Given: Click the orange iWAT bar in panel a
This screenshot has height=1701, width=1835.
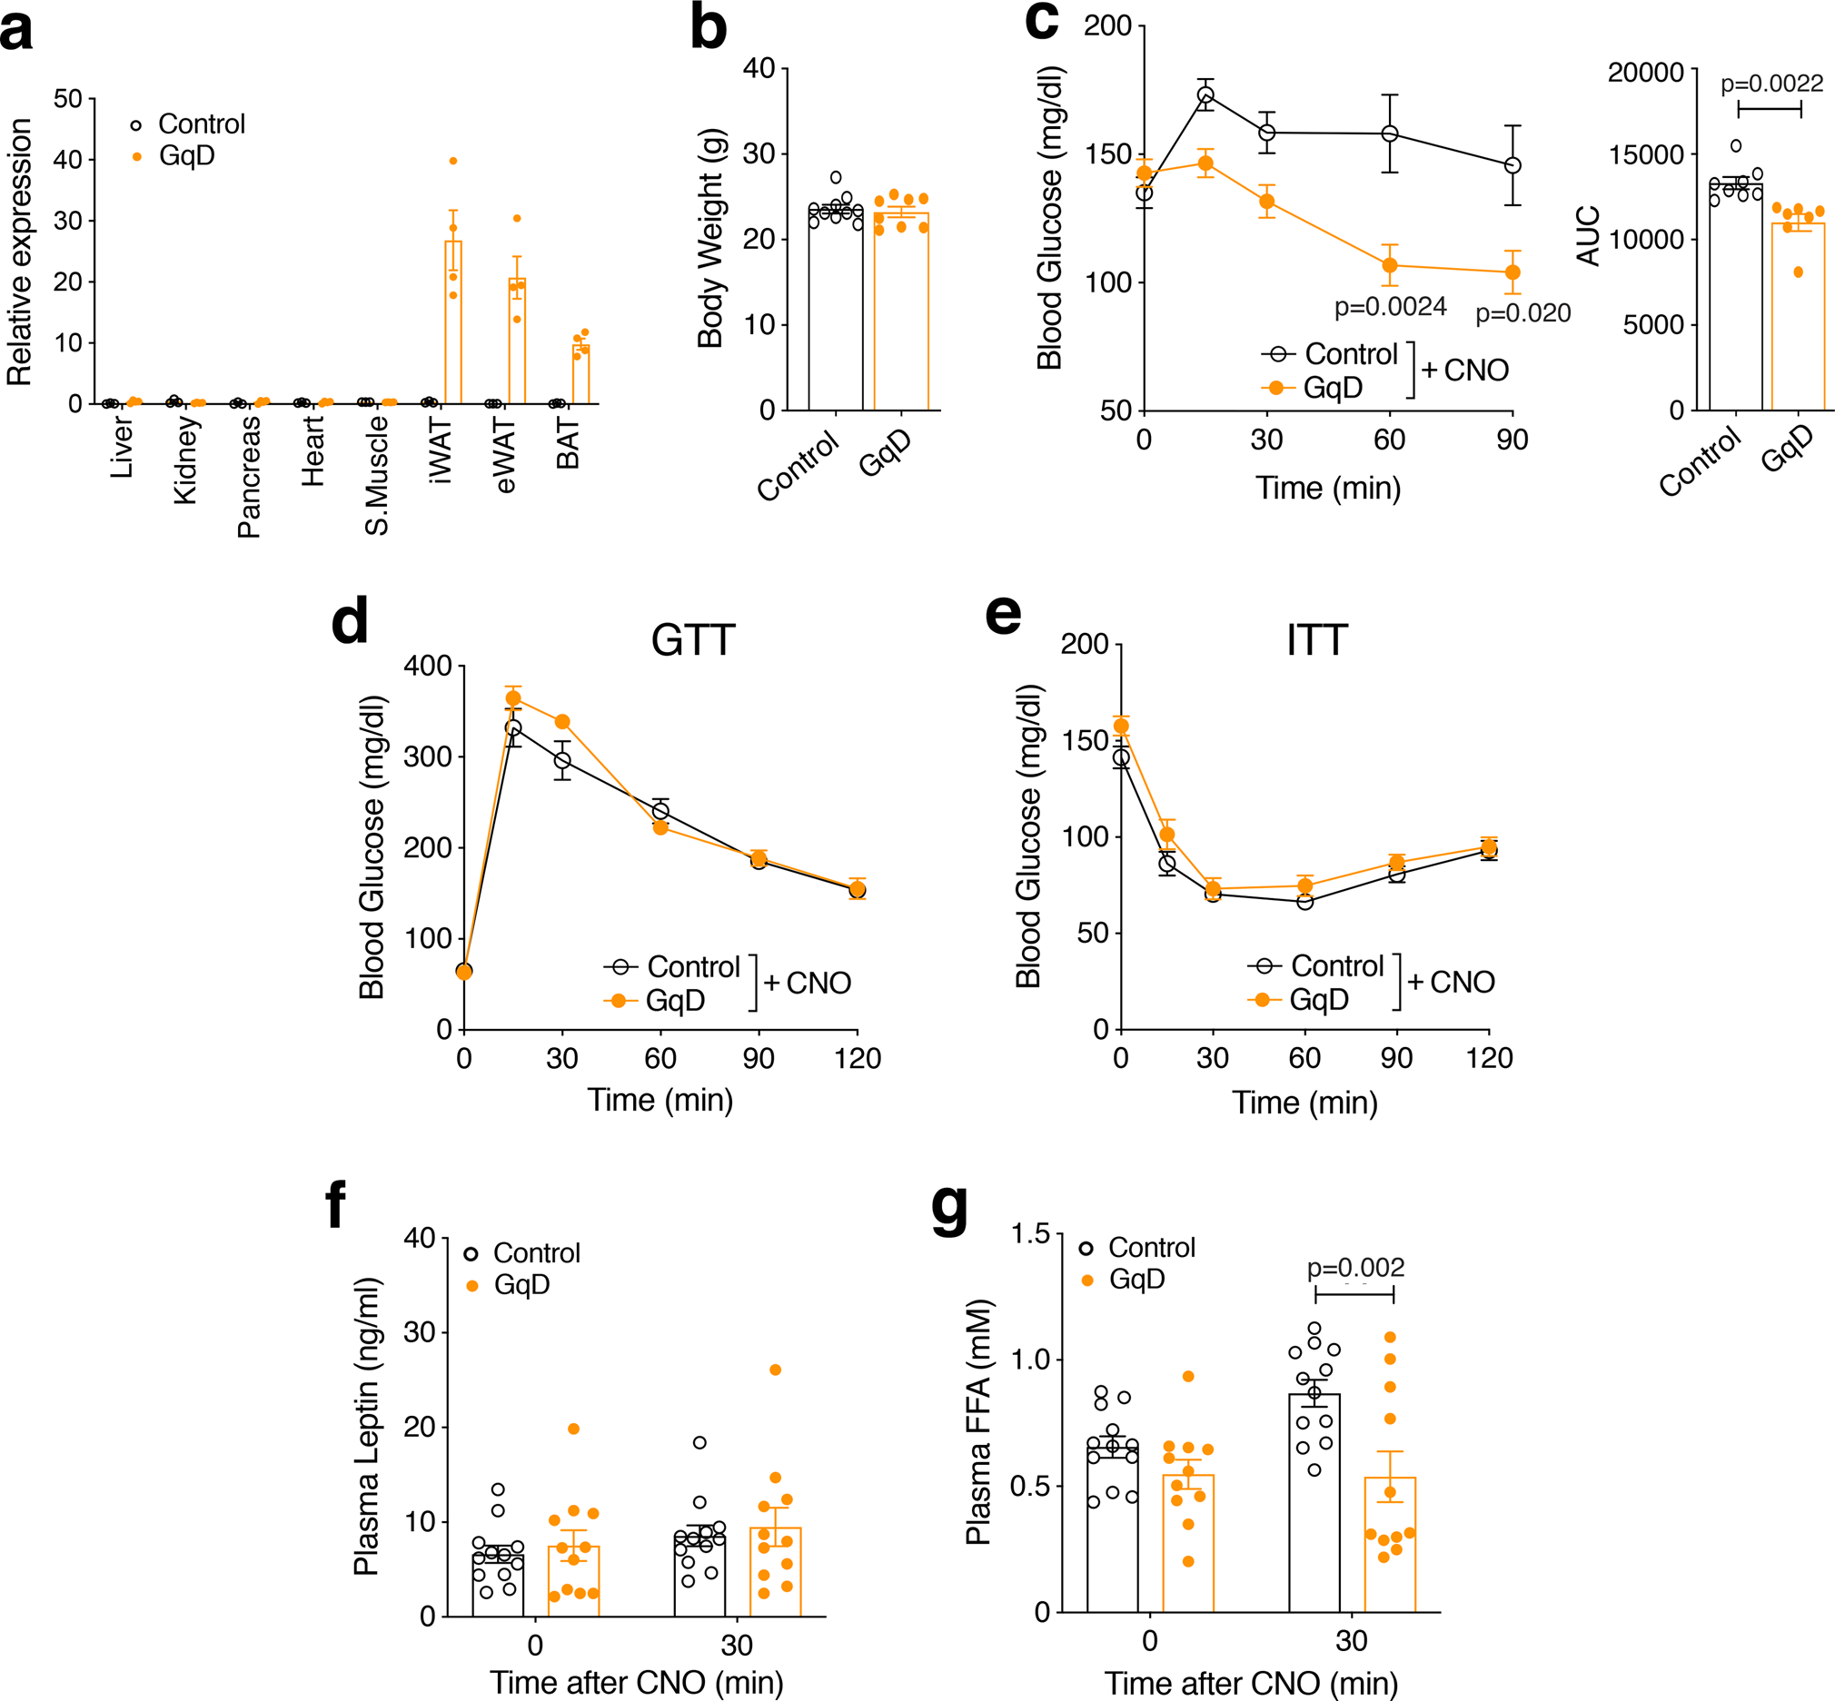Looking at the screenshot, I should click(x=453, y=322).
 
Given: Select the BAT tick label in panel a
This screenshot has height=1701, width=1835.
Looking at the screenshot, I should click(x=568, y=443).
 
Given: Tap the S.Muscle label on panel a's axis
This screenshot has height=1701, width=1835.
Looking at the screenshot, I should click(x=377, y=475).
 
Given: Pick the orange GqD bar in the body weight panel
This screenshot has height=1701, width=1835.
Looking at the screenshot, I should click(x=900, y=313).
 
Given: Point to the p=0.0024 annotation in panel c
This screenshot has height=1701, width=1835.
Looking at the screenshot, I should click(x=1390, y=307).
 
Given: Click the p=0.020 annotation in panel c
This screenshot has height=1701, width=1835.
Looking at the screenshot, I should click(x=1523, y=314).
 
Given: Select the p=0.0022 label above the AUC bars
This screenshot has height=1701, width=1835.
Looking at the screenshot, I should click(x=1771, y=84).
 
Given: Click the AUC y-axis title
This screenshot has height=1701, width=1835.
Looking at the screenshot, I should click(x=1588, y=236).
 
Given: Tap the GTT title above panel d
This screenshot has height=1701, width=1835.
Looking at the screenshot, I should click(x=692, y=639).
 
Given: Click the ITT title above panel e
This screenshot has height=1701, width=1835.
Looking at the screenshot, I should click(x=1316, y=639).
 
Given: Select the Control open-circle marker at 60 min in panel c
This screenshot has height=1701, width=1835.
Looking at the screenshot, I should click(x=1389, y=134).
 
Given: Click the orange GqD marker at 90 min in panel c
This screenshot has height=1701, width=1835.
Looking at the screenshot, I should click(x=1513, y=272).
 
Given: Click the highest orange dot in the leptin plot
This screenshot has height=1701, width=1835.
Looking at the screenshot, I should click(x=775, y=1370).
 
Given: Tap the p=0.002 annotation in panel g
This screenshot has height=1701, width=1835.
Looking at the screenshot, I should click(x=1355, y=1268).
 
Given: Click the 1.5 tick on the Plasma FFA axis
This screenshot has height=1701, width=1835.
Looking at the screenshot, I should click(x=1030, y=1233).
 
